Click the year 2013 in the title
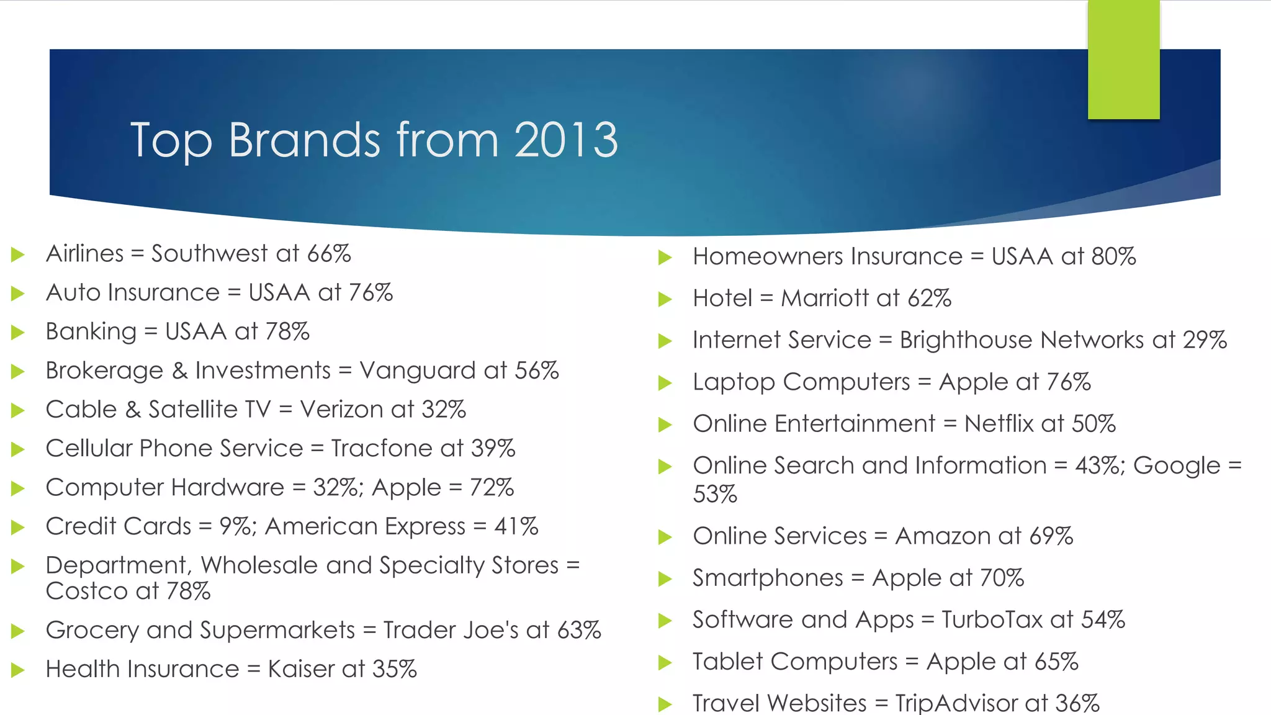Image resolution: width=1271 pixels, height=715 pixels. pyautogui.click(x=565, y=140)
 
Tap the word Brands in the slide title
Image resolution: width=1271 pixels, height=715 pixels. pyautogui.click(x=303, y=140)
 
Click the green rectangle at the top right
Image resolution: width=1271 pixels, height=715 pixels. pyautogui.click(x=1123, y=60)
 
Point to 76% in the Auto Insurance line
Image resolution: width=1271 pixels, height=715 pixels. pyautogui.click(x=371, y=293)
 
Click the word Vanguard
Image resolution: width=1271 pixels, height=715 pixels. pyautogui.click(x=418, y=371)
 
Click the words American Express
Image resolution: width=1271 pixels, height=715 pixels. pyautogui.click(x=365, y=527)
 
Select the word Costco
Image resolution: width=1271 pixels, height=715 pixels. pyautogui.click(x=86, y=591)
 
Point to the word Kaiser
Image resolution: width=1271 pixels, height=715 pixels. pyautogui.click(x=301, y=670)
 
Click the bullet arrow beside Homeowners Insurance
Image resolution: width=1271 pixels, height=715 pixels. pyautogui.click(x=665, y=258)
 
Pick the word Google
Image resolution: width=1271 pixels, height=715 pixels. pyautogui.click(x=1177, y=466)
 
